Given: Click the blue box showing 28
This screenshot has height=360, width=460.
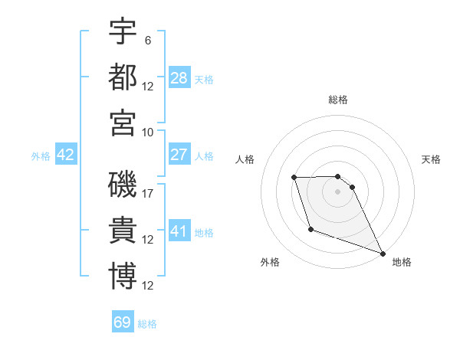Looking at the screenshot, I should coord(179,77).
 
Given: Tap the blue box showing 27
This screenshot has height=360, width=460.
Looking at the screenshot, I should coord(179,155).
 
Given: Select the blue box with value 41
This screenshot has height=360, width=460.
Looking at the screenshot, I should coord(179,231).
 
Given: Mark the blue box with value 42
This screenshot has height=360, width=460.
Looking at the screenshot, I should coord(66,155).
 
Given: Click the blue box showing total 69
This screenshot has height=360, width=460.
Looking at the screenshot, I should coord(123,322).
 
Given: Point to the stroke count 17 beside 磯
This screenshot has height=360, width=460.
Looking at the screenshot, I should coord(148,194).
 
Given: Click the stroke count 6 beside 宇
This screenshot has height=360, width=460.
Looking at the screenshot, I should coord(148,39).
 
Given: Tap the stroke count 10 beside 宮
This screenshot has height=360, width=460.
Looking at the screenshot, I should coord(148,131).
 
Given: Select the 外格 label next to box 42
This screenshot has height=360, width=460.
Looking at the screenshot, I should coord(41,156).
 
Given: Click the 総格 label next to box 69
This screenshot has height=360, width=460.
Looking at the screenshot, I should coord(147,324).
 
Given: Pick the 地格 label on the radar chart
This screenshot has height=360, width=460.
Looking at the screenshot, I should coord(402,262).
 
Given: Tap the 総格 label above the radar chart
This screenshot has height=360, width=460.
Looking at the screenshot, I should coord(337,100).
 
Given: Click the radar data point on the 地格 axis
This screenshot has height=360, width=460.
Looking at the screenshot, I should coord(382,253).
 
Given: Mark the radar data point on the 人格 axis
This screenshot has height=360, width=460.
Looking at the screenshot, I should coord(294,178).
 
